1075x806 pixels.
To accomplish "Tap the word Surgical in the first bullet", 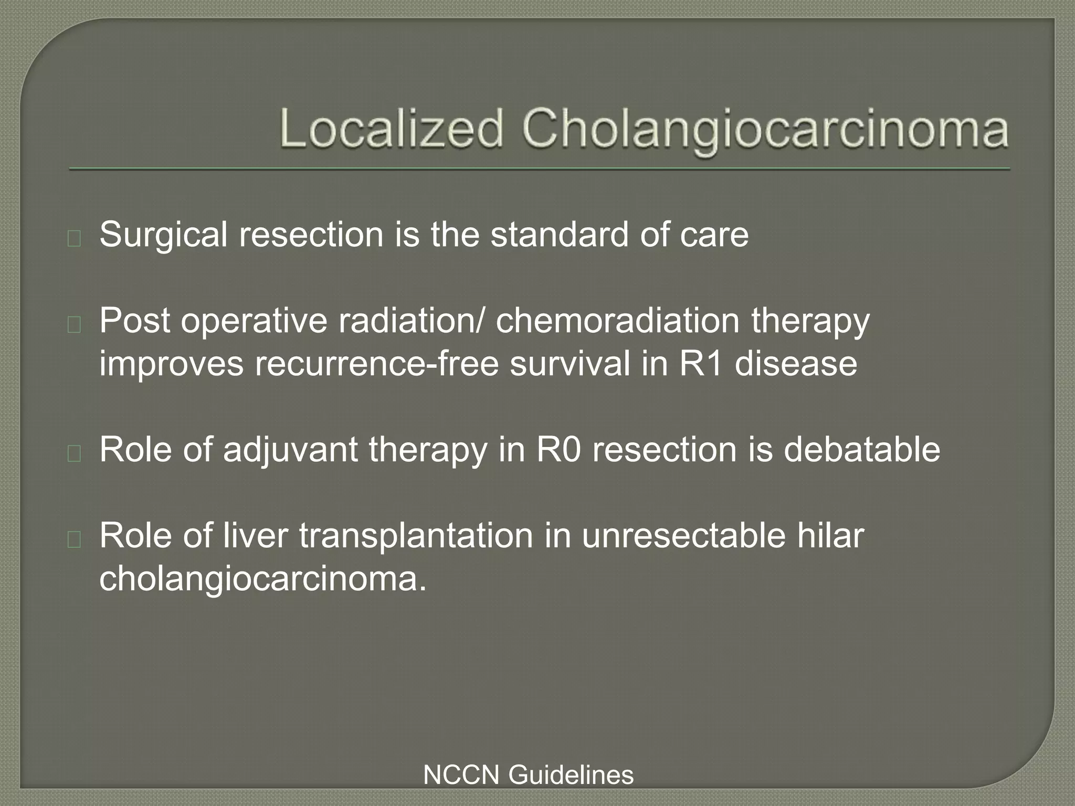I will point(163,235).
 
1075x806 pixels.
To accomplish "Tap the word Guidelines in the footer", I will point(571,775).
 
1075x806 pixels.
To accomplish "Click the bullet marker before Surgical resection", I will point(74,239).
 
